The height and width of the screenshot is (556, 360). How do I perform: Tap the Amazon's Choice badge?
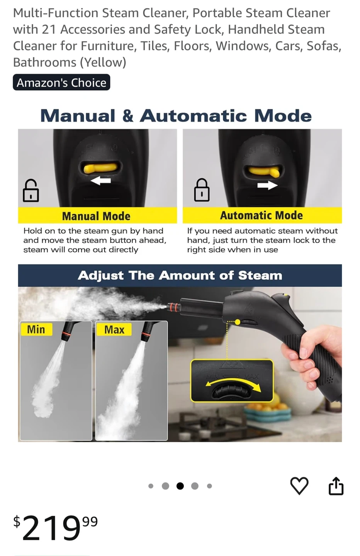pyautogui.click(x=61, y=82)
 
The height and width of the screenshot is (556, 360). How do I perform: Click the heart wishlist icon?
pyautogui.click(x=299, y=485)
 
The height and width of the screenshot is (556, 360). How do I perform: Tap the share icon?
pyautogui.click(x=336, y=486)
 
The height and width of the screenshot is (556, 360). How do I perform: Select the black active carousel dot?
pyautogui.click(x=180, y=486)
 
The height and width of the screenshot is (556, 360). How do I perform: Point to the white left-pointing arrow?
pyautogui.click(x=100, y=180)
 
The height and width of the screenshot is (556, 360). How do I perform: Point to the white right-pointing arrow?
pyautogui.click(x=267, y=185)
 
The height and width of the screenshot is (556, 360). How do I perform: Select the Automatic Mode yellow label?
pyautogui.click(x=262, y=215)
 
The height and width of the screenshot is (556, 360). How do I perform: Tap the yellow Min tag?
pyautogui.click(x=36, y=329)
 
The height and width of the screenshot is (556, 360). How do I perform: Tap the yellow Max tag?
pyautogui.click(x=114, y=329)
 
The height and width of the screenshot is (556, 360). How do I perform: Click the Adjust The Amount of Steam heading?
pyautogui.click(x=180, y=276)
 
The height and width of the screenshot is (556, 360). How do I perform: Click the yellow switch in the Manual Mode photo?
pyautogui.click(x=100, y=168)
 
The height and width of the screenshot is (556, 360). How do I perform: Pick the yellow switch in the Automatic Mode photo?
pyautogui.click(x=265, y=171)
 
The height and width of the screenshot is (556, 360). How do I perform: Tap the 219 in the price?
pyautogui.click(x=51, y=527)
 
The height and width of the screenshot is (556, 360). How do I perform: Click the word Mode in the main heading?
pyautogui.click(x=282, y=116)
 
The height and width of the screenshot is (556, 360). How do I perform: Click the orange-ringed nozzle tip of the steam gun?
pyautogui.click(x=173, y=307)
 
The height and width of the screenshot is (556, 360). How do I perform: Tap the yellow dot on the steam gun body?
pyautogui.click(x=237, y=322)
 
